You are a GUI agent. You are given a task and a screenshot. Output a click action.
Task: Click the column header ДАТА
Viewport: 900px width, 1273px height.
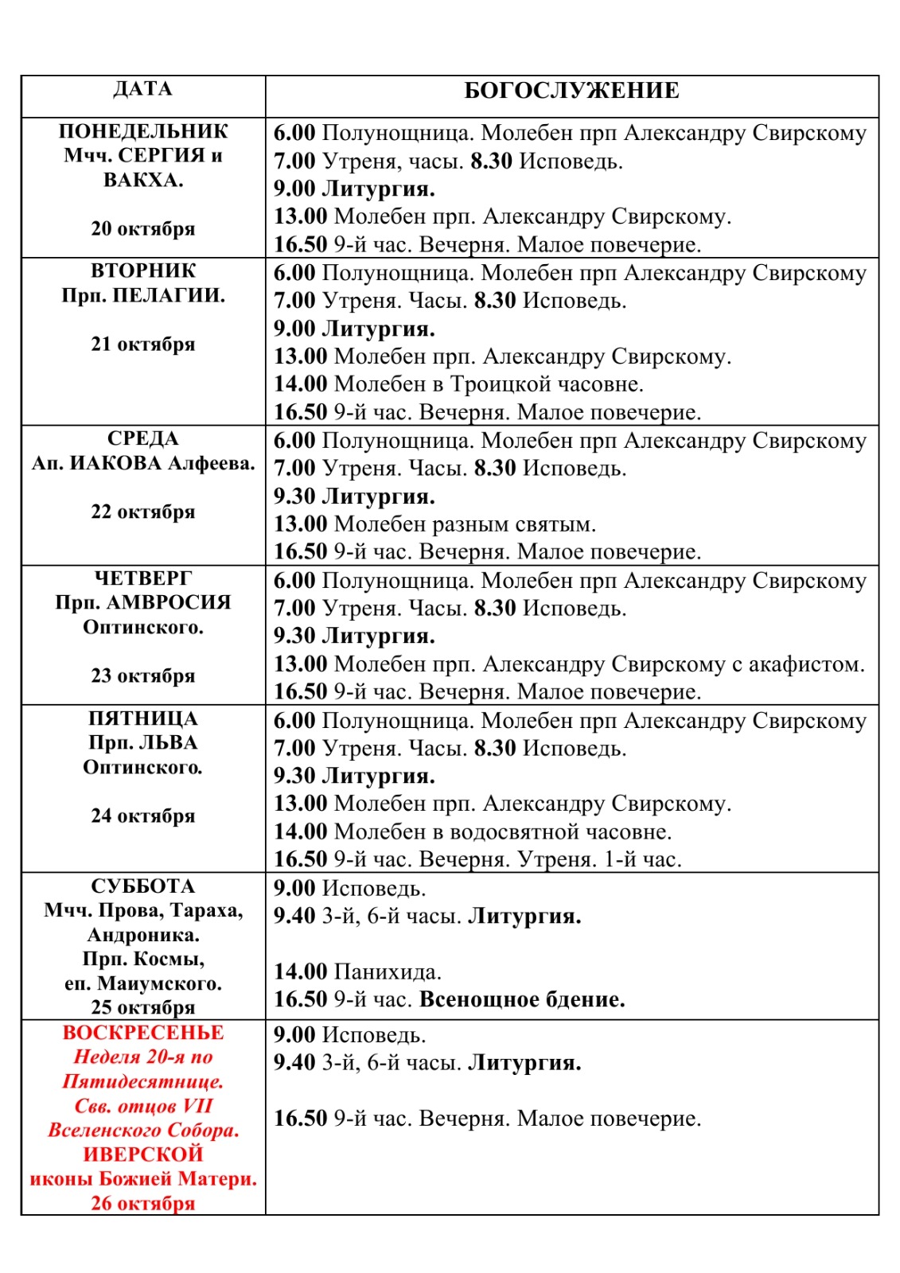click(x=142, y=88)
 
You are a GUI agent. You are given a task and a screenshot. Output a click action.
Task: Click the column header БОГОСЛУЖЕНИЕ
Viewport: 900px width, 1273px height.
click(x=571, y=91)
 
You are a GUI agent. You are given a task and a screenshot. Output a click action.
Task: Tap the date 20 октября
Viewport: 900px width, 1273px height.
click(x=142, y=229)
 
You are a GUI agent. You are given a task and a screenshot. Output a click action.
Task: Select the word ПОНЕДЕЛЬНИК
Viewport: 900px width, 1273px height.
click(x=142, y=131)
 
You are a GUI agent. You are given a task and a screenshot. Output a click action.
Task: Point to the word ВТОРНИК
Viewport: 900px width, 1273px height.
click(x=142, y=271)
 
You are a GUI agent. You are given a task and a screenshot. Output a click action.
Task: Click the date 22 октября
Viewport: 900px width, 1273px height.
click(x=142, y=512)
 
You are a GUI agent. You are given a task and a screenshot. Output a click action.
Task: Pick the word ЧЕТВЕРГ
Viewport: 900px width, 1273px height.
click(x=142, y=578)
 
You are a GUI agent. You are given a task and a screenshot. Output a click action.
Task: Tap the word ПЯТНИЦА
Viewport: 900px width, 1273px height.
click(x=142, y=718)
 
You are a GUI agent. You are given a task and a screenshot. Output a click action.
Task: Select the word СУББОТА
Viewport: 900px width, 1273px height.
click(x=142, y=886)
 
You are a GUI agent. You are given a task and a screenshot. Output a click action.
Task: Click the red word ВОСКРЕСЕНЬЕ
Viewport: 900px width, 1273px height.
click(x=142, y=1033)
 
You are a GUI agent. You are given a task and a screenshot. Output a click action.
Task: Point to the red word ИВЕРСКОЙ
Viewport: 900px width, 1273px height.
click(x=142, y=1154)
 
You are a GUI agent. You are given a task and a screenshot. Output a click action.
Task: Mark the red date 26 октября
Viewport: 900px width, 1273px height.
click(x=142, y=1203)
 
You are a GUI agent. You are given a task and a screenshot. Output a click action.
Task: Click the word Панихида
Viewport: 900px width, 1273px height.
click(x=387, y=972)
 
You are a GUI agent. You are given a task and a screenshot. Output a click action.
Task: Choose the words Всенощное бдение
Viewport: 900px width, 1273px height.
click(x=522, y=1000)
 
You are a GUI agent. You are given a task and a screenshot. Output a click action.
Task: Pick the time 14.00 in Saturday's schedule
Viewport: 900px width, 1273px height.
click(x=300, y=972)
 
